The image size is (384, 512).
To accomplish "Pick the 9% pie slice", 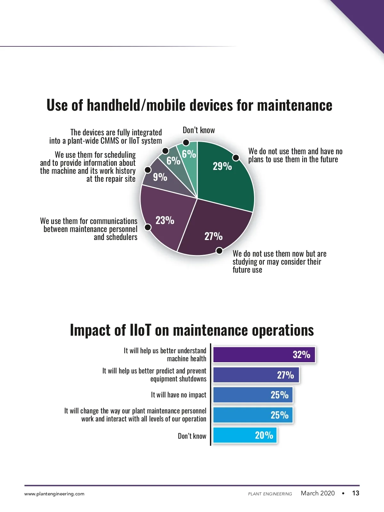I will coord(163,179).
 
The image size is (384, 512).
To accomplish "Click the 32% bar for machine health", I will coord(264,355).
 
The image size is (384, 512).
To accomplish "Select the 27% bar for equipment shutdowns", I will coord(256,375).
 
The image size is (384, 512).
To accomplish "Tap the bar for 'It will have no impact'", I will coord(253,395).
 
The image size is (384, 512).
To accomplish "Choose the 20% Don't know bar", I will coord(245,435).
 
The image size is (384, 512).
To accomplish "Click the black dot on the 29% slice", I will coord(236,157).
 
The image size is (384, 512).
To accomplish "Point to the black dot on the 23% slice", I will coord(148,227).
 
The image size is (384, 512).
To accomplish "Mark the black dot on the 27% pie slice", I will coord(219,251).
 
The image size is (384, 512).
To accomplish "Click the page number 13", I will coord(356,493).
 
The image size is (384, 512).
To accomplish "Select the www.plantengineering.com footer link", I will coord(54,494).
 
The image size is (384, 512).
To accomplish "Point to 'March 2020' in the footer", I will coord(317,493).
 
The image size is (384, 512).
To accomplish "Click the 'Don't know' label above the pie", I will coord(199,130).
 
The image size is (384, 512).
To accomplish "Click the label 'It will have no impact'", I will coord(179,395).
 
